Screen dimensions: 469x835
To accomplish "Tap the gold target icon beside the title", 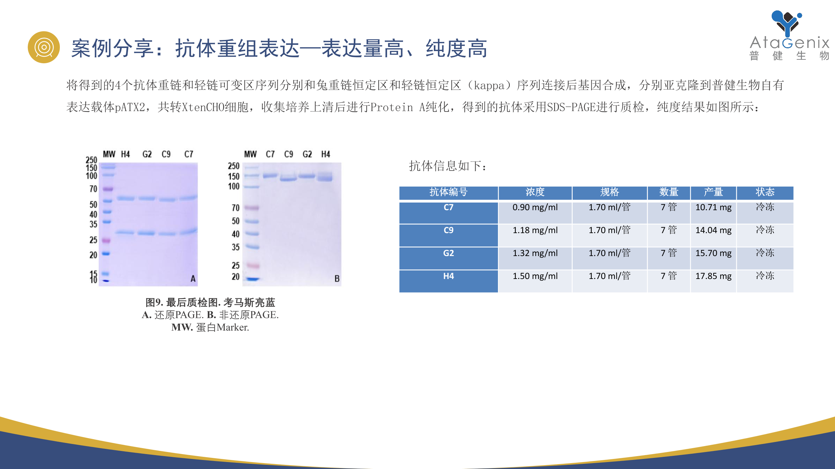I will pos(44,47).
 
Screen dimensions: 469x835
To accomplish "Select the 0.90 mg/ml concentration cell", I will pos(535,207).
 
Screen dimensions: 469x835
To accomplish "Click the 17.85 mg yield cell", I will pos(713,276).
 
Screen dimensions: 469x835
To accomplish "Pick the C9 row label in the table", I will pos(448,230).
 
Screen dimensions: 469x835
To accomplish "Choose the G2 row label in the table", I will pos(448,253).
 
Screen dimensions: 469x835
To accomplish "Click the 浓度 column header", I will pos(535,192).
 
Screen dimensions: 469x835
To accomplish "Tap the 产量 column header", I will pos(713,192).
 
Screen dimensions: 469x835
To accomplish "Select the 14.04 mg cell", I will pos(713,230).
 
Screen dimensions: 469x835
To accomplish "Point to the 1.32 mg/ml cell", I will pos(535,253).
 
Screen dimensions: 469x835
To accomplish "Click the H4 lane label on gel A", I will pos(125,154).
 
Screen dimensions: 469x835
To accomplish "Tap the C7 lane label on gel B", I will pos(270,154).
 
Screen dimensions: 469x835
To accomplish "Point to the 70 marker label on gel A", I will pos(93,189).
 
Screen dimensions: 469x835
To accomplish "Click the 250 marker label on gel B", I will pos(234,166).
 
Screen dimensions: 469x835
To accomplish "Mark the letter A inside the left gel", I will pos(193,279).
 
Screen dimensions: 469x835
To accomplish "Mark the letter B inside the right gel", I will pos(337,279).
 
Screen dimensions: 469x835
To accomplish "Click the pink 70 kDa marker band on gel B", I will pos(252,208).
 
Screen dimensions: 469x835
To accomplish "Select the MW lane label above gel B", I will pos(250,154).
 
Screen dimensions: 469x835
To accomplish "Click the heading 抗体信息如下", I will pos(447,166).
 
